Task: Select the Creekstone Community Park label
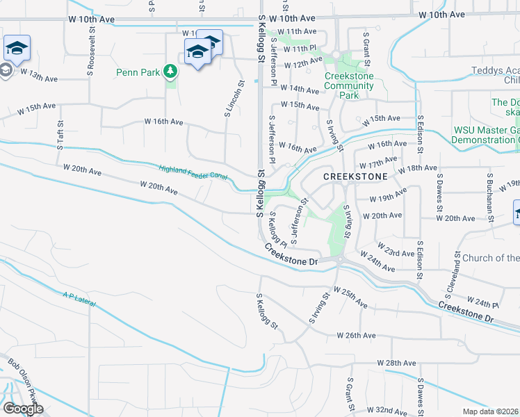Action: pos(349,85)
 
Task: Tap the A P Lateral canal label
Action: pos(77,301)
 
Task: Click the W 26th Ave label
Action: pos(356,335)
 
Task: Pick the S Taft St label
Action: pos(60,133)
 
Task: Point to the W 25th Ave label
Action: pos(350,297)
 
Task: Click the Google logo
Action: pos(23,408)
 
